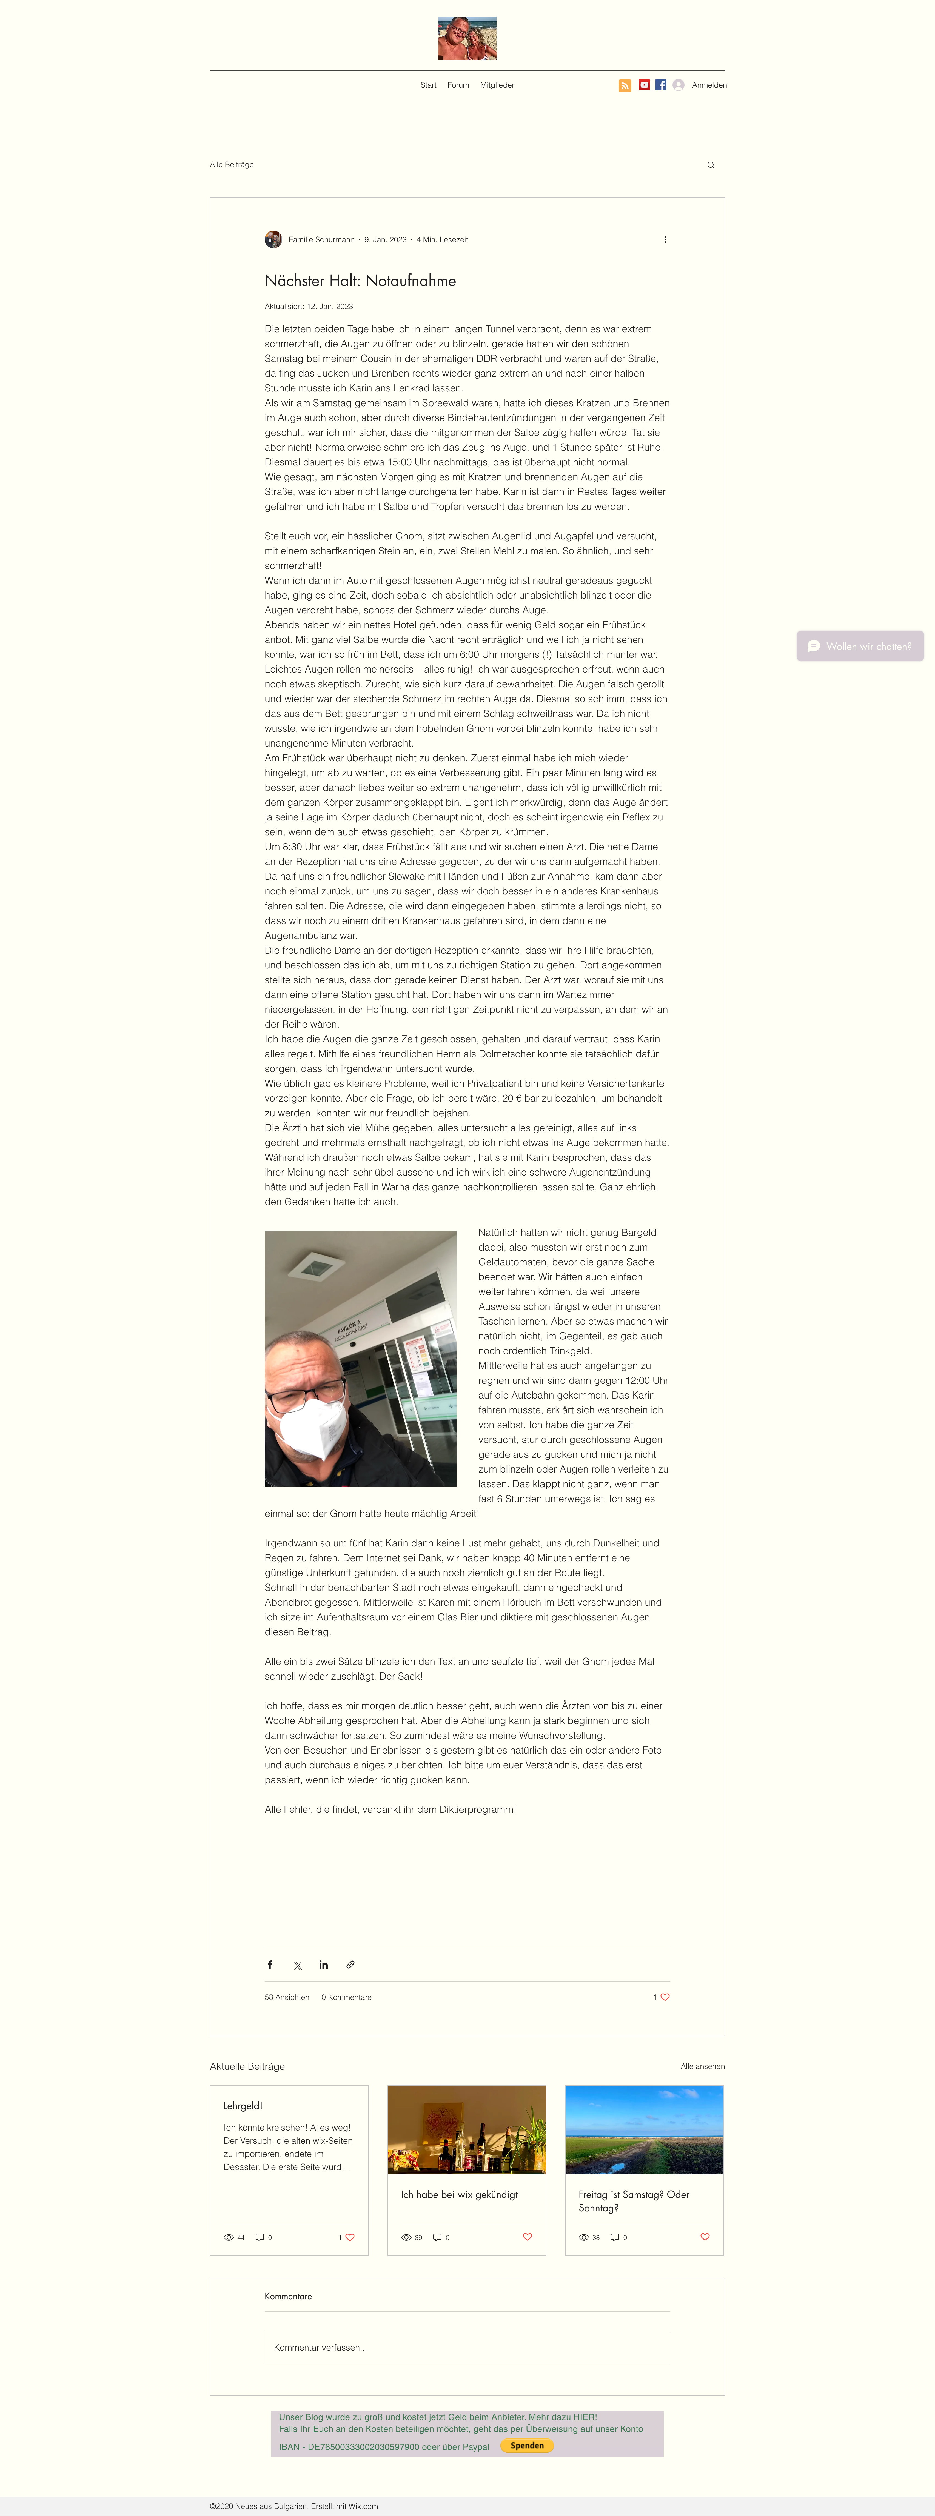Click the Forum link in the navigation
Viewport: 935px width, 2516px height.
[x=458, y=85]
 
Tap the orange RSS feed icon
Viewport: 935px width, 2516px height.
[x=624, y=86]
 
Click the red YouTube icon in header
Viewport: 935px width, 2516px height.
[x=644, y=85]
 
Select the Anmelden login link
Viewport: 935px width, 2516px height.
[x=708, y=85]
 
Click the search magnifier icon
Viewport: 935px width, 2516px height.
[x=710, y=165]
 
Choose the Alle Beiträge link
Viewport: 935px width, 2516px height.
[x=232, y=164]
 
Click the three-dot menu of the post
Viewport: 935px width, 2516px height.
[x=664, y=239]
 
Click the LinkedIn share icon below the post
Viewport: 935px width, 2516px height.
[x=323, y=1964]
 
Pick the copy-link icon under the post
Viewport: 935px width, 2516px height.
[x=350, y=1964]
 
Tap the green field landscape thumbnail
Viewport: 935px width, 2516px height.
[x=644, y=2129]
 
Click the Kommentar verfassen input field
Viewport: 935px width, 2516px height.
[x=467, y=2347]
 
